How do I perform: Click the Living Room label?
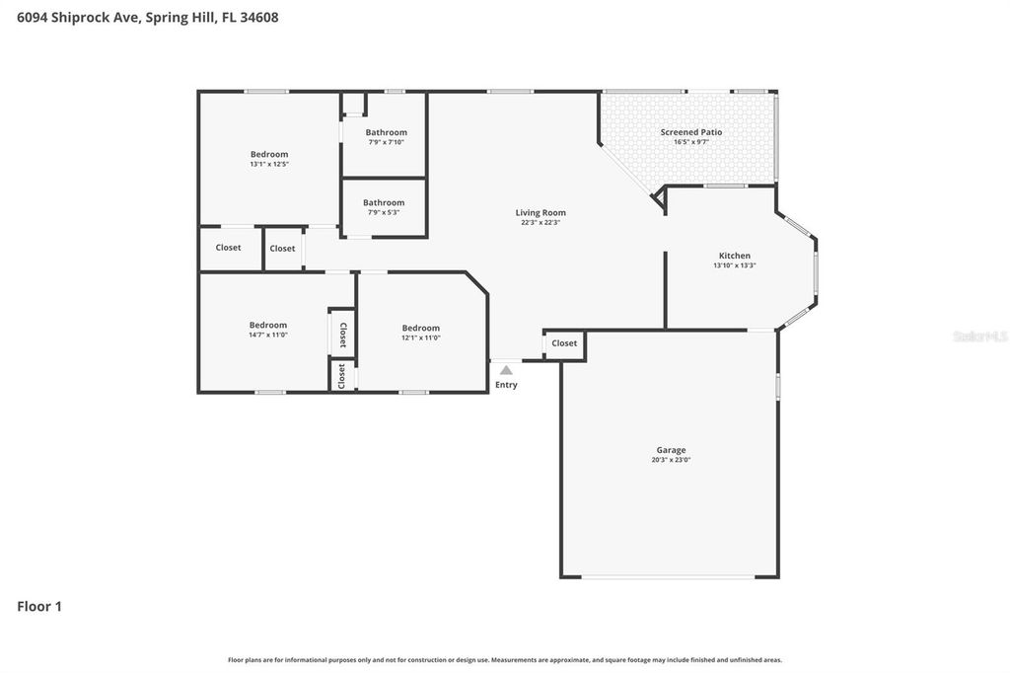tap(541, 212)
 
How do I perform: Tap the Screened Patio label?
tap(690, 132)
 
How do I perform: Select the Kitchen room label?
tap(734, 256)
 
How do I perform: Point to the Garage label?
tap(671, 450)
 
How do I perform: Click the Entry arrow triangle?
tap(506, 370)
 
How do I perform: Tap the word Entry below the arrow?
tap(506, 385)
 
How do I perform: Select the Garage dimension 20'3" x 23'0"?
tap(671, 460)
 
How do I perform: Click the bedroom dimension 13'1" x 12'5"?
tap(268, 164)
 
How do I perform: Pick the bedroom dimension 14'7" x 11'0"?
tap(267, 335)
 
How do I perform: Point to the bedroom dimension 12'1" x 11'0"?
tap(420, 337)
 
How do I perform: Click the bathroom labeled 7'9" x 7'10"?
tap(386, 142)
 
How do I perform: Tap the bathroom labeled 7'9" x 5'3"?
tap(384, 212)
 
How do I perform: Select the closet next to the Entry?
tap(564, 343)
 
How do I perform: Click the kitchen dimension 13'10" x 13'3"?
tap(734, 265)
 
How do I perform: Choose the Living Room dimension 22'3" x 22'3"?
tap(541, 222)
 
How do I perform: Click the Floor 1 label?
tap(39, 607)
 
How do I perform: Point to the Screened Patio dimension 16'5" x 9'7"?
tap(690, 142)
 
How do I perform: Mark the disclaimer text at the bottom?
tap(505, 659)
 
